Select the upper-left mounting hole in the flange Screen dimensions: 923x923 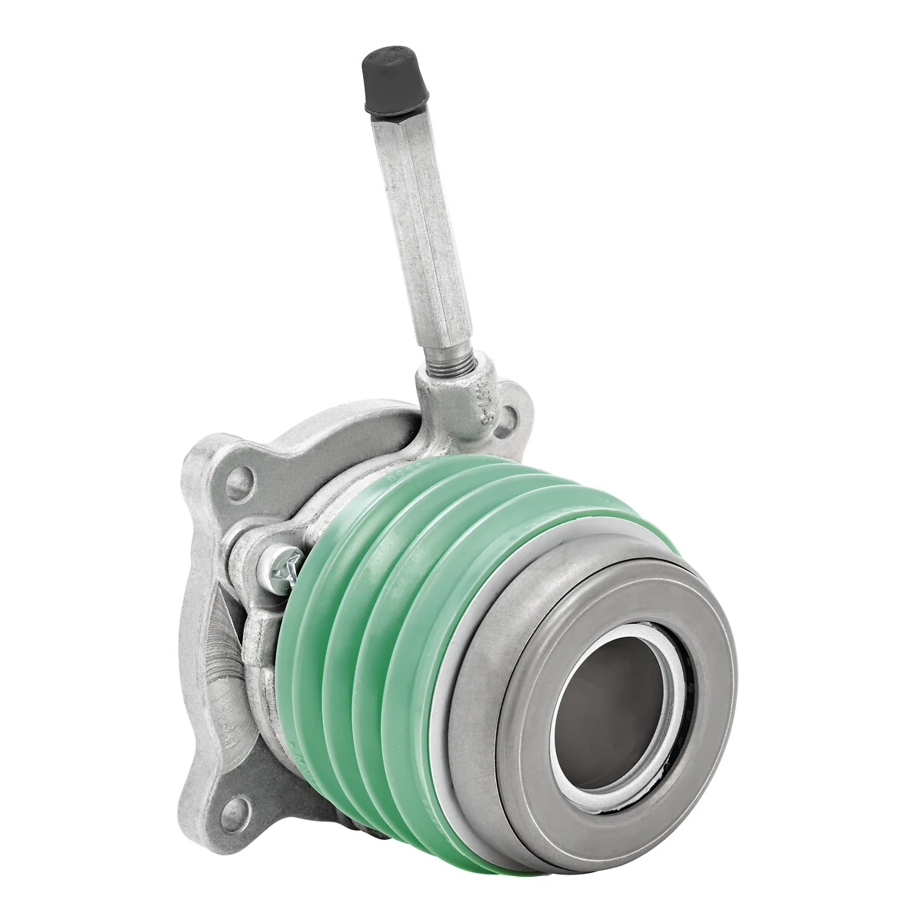click(238, 484)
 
